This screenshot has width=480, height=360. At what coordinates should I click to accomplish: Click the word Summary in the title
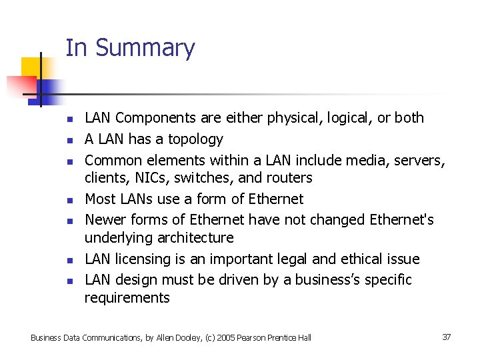tap(145, 48)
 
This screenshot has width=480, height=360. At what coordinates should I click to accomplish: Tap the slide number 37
tap(446, 337)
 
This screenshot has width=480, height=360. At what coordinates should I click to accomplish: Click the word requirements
tap(127, 297)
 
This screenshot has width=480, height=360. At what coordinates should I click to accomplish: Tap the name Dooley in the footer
tap(169, 338)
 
